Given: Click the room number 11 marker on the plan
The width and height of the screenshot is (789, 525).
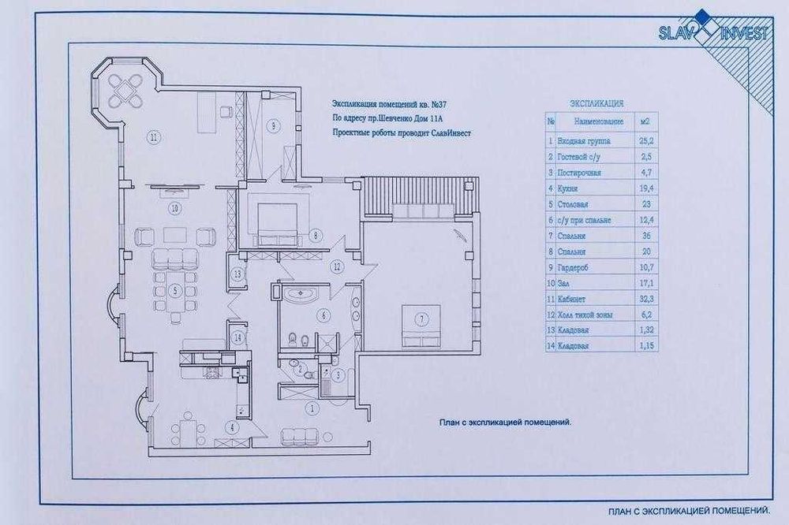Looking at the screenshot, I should point(155,136).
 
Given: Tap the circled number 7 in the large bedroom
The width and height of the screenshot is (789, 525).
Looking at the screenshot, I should point(422,319).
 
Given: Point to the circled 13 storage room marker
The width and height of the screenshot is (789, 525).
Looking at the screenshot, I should point(237,274).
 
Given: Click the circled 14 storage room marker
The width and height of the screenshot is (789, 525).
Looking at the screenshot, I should point(237,337).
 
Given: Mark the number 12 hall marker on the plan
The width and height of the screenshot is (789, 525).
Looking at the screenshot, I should point(336,267).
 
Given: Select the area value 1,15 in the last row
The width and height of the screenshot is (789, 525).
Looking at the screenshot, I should point(645,346).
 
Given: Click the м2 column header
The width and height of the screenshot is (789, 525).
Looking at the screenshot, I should point(645,122).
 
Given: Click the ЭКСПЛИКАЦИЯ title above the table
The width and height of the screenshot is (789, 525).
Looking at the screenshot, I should point(597,103).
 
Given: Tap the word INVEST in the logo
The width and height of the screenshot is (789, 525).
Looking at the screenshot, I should point(746,32).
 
